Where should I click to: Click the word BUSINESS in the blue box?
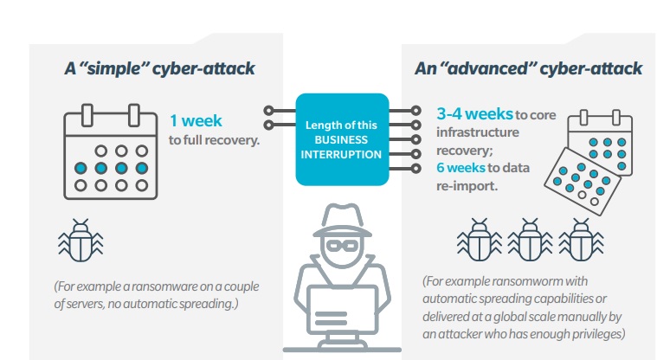pos(340,140)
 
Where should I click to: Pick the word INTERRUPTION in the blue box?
pos(340,154)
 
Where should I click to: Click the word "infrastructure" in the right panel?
pos(478,132)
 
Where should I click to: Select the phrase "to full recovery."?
pos(214,138)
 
